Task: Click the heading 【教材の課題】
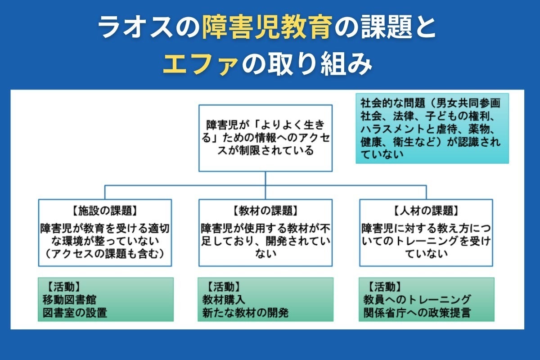click(265, 210)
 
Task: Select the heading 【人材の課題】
click(426, 210)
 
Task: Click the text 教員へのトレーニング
click(417, 299)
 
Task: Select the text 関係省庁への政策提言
click(417, 312)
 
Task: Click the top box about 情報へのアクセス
click(265, 138)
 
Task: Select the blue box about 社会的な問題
click(432, 128)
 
